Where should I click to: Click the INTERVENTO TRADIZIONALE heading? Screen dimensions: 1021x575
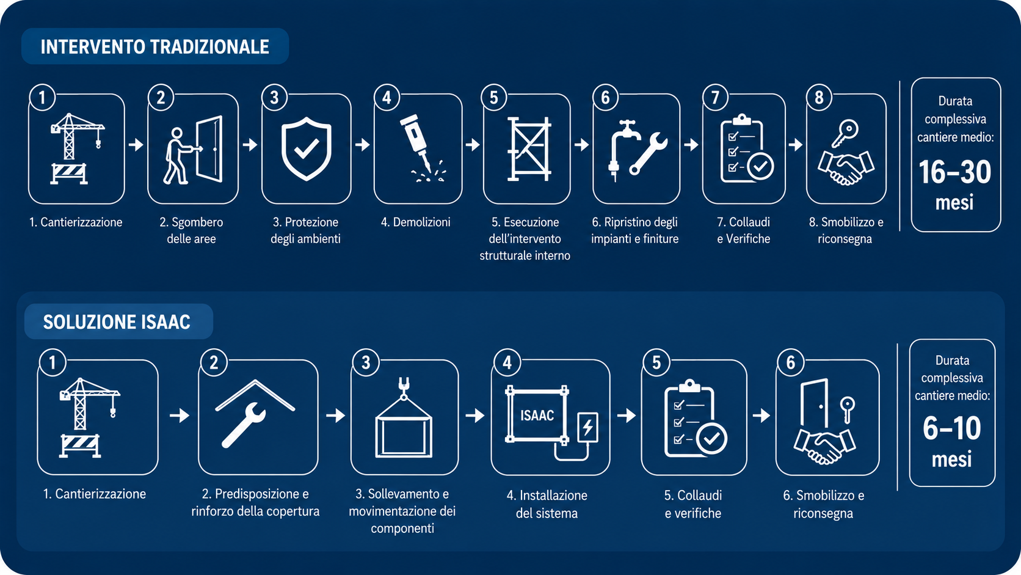point(154,47)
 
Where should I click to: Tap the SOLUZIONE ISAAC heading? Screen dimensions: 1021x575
point(117,322)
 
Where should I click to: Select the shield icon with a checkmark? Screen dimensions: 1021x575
point(307,148)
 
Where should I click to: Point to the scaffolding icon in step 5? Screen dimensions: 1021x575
point(529,149)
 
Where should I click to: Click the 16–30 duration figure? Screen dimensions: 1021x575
point(954,172)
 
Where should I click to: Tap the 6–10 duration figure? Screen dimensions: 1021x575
point(952,428)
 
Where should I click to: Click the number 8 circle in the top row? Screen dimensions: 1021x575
point(819,97)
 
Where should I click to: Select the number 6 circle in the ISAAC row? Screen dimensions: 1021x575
point(790,362)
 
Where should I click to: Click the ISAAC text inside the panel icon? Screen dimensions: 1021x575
point(537,416)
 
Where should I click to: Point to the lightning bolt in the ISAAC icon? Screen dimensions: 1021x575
point(588,428)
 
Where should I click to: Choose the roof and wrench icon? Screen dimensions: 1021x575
point(255,412)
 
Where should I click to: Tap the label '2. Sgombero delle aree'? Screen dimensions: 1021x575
point(192,230)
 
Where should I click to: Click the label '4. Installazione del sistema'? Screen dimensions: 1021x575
point(547,504)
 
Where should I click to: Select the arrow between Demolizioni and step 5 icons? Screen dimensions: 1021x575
point(473,145)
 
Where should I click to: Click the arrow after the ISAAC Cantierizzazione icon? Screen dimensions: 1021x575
point(180,416)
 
